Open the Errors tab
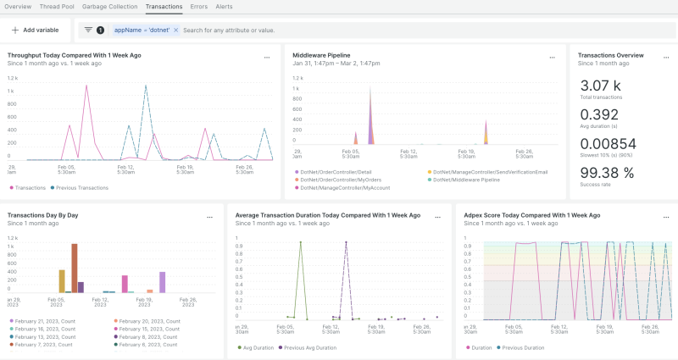(x=198, y=6)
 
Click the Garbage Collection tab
(x=109, y=6)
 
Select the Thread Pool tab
(x=56, y=6)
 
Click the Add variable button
(x=35, y=30)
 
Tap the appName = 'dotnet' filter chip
(x=142, y=30)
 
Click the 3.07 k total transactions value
(x=600, y=86)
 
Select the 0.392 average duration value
(x=599, y=114)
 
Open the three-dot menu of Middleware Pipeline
(x=551, y=58)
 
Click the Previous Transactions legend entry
(x=85, y=187)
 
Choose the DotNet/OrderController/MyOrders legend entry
(x=336, y=180)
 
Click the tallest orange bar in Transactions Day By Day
(x=75, y=268)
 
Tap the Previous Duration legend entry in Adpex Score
(x=523, y=347)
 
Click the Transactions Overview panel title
(x=610, y=55)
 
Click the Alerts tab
(x=224, y=6)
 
